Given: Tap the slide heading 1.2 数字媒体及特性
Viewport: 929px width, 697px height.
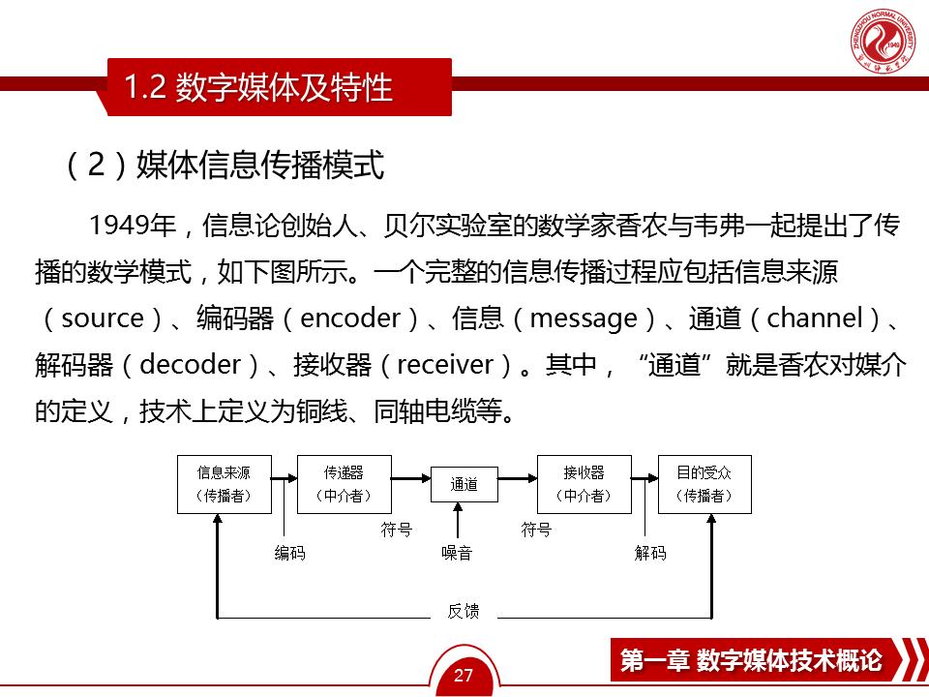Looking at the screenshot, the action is (259, 87).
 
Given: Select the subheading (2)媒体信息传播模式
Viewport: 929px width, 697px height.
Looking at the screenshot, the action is (225, 166).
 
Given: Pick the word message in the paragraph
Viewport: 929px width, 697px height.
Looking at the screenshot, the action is (584, 318).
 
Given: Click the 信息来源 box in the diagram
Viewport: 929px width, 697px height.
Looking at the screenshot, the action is (224, 484).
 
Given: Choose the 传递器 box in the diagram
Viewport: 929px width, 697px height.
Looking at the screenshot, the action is (344, 484).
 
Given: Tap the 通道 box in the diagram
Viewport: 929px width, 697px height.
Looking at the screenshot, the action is (464, 484).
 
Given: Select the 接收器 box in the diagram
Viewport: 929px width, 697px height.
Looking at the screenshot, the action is (584, 484).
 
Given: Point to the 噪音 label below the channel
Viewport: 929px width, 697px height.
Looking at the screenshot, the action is (457, 553).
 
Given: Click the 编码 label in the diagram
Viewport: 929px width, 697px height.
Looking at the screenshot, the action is (289, 553).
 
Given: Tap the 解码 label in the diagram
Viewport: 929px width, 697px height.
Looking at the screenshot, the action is (650, 553).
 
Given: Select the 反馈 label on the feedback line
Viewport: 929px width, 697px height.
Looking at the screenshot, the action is (464, 611).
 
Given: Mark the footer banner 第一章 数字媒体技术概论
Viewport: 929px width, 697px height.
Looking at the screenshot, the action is (751, 661).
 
